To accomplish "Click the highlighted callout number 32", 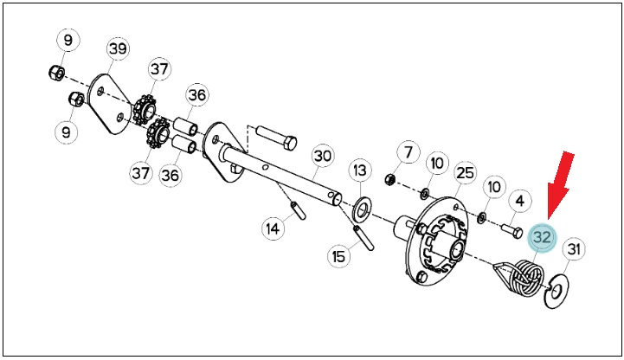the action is pyautogui.click(x=542, y=237).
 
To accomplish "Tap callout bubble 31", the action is pyautogui.click(x=573, y=249).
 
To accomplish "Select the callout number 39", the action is pyautogui.click(x=119, y=49).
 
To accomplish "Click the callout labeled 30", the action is pyautogui.click(x=322, y=156).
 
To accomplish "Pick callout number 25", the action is pyautogui.click(x=466, y=172).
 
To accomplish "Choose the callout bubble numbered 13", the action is pyautogui.click(x=360, y=170).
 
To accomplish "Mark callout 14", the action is pyautogui.click(x=273, y=228).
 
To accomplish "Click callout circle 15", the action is pyautogui.click(x=338, y=256).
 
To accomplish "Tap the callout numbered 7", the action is pyautogui.click(x=408, y=152).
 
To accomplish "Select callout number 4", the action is pyautogui.click(x=520, y=202).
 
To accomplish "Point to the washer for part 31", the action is pyautogui.click(x=556, y=291).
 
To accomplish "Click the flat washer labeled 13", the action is pyautogui.click(x=362, y=209).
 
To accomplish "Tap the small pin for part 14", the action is pyautogui.click(x=299, y=210).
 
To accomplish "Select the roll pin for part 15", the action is pyautogui.click(x=363, y=238).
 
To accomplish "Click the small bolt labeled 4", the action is pyautogui.click(x=511, y=231).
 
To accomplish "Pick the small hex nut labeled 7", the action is pyautogui.click(x=389, y=179).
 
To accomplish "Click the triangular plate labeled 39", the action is pyautogui.click(x=110, y=104).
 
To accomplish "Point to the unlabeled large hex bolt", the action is pyautogui.click(x=276, y=138).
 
